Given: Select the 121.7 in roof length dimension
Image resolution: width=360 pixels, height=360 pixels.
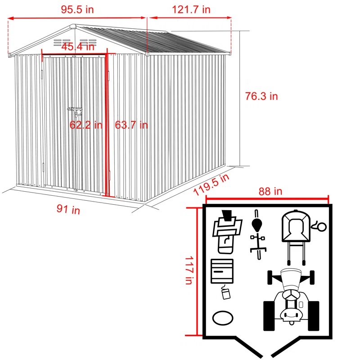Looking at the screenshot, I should click(x=190, y=9).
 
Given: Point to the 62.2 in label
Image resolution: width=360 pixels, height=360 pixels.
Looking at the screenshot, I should click(x=86, y=125).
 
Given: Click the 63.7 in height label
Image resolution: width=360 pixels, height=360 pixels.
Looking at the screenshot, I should click(x=131, y=125).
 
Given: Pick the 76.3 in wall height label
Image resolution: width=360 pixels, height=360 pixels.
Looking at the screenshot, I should click(x=261, y=96).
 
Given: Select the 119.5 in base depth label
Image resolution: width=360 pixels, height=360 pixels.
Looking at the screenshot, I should click(x=211, y=184).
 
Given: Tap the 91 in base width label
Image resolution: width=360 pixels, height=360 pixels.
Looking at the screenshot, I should click(x=68, y=209).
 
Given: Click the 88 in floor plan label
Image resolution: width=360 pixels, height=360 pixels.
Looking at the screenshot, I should click(x=270, y=191).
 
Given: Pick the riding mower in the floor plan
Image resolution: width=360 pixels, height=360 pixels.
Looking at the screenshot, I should click(x=291, y=299).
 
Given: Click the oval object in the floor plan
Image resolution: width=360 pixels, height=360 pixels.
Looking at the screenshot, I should click(x=223, y=318).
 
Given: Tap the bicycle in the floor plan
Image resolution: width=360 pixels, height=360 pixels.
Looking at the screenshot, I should click(x=257, y=234).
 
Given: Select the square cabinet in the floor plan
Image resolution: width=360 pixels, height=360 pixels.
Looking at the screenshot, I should click(x=222, y=271).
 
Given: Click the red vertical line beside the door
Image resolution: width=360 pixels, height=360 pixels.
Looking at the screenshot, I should click(x=108, y=126).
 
